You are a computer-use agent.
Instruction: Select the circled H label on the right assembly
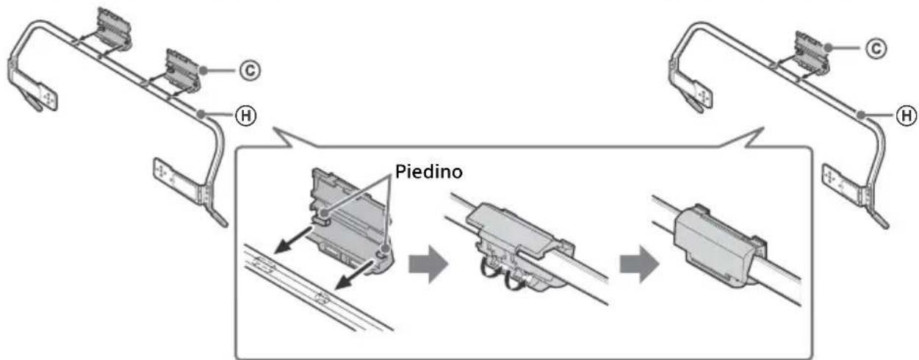pyautogui.click(x=908, y=114)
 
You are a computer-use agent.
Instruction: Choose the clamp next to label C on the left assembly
pyautogui.click(x=180, y=69)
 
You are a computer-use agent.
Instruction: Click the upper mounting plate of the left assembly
pyautogui.click(x=33, y=85)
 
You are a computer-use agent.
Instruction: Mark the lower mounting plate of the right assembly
pyautogui.click(x=837, y=176)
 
